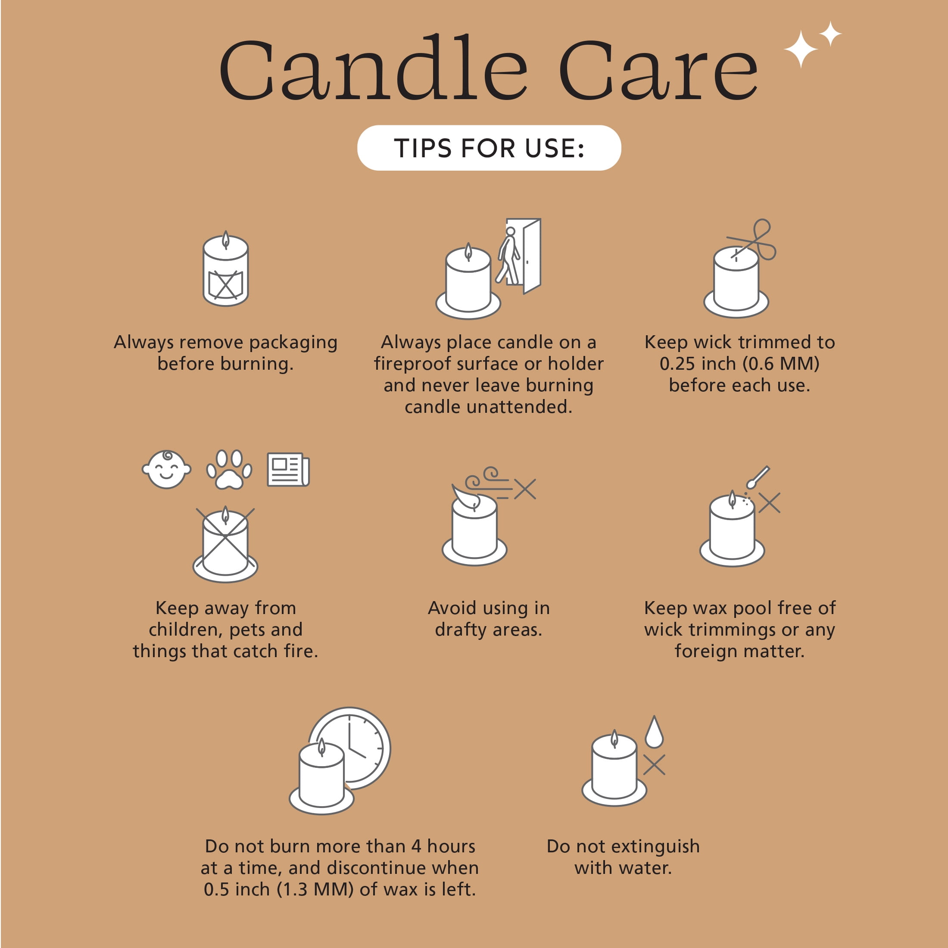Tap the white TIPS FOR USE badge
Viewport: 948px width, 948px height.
point(489,148)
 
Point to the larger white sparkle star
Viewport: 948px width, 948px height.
point(800,49)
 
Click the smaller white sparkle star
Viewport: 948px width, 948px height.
point(830,33)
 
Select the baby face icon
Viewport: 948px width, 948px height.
point(166,470)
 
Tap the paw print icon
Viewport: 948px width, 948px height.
point(229,470)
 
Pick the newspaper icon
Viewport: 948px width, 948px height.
point(288,470)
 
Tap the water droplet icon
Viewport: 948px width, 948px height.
point(654,732)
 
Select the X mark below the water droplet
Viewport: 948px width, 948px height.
point(654,765)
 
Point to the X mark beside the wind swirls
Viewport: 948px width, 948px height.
point(525,489)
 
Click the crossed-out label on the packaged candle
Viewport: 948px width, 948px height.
point(226,284)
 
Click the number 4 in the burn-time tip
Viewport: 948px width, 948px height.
point(416,846)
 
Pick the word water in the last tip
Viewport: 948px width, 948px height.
point(646,868)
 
